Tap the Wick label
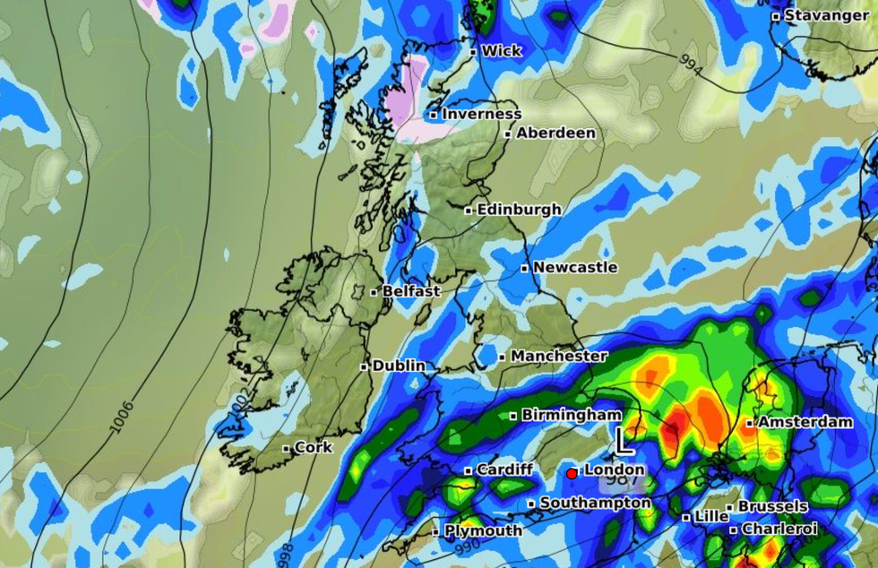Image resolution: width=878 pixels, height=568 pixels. click(x=501, y=51)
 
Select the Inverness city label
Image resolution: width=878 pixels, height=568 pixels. click(x=481, y=114)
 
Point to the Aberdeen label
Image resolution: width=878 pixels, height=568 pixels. click(x=555, y=133)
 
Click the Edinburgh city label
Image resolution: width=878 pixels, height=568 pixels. click(x=519, y=210)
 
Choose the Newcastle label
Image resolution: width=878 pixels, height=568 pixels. click(x=574, y=267)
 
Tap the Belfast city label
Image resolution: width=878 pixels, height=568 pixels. click(x=410, y=291)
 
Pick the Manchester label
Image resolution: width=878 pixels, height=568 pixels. click(x=558, y=356)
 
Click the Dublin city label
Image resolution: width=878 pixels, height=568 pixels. click(x=399, y=366)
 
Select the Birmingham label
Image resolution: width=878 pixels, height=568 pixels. click(x=571, y=415)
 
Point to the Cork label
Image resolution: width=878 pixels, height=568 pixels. click(x=313, y=447)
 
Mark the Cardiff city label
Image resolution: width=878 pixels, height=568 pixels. click(x=504, y=469)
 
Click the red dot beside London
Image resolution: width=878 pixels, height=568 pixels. click(x=572, y=473)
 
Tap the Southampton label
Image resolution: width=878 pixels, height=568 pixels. click(x=595, y=503)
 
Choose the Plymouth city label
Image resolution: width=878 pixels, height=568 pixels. click(x=483, y=530)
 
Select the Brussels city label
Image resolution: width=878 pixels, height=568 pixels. click(x=772, y=506)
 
